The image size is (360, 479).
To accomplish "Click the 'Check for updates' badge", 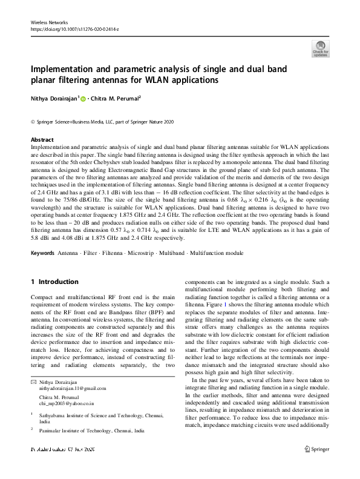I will point(320,48).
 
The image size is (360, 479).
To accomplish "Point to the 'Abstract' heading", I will point(42,139).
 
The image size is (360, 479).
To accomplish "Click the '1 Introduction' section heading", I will point(54,282).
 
